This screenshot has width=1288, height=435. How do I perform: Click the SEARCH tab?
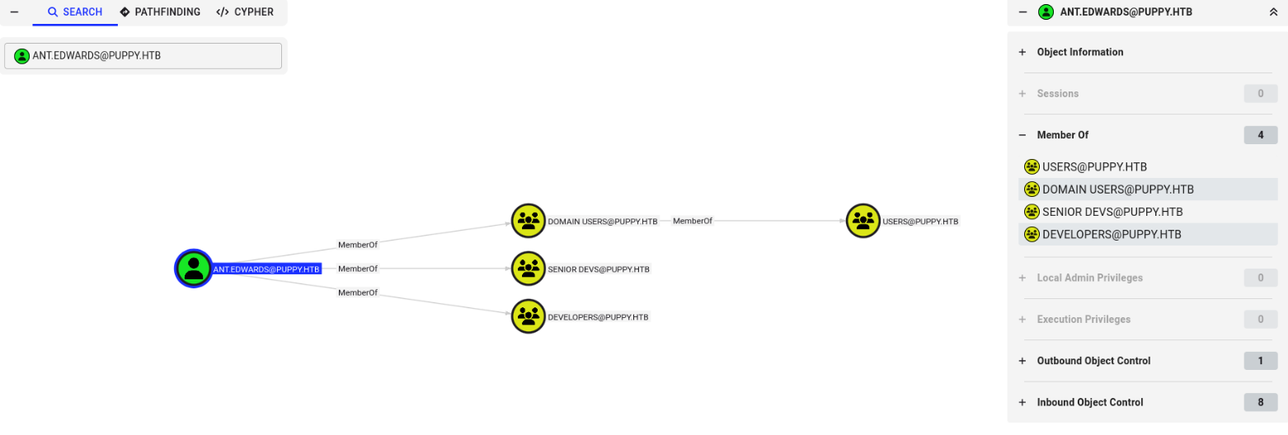coord(75,12)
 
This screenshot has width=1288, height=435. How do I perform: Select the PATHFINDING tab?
coord(160,12)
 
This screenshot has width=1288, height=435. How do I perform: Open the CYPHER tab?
coord(245,12)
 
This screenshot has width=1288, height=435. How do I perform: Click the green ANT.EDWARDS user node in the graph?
coord(194,269)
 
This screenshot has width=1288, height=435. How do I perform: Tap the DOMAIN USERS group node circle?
coord(529,221)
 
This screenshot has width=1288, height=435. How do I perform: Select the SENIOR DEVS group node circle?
coord(529,269)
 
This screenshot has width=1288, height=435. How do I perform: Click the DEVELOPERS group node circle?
coord(529,316)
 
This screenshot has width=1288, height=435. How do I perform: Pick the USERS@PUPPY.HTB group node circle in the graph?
coord(863,221)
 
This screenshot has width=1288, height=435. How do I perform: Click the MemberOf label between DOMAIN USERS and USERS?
coord(692,221)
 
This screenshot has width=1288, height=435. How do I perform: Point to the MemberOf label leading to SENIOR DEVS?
coord(357,269)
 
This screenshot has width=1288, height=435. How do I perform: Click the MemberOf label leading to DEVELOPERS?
coord(357,292)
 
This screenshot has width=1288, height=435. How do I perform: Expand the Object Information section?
coord(1079,52)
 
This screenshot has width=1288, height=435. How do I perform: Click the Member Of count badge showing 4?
coord(1260,135)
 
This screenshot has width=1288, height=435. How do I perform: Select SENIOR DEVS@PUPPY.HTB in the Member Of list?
coord(1112,212)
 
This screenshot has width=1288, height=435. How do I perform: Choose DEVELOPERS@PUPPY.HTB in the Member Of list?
coord(1111,234)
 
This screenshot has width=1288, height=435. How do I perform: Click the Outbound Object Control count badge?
coord(1260,361)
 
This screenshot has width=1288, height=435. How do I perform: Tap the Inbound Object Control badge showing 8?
coord(1260,402)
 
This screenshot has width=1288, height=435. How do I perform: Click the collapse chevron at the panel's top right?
coord(1273,12)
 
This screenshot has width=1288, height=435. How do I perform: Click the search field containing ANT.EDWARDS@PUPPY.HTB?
coord(143,56)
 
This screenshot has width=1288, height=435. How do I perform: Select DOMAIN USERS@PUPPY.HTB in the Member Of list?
coord(1117,189)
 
